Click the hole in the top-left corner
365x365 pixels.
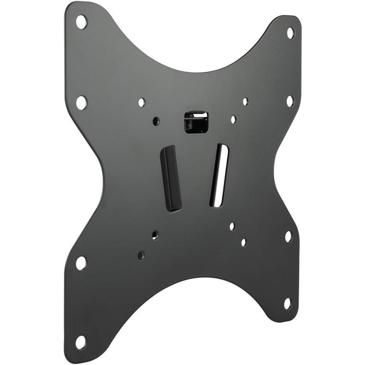[81, 22]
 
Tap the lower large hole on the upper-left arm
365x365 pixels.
[81, 102]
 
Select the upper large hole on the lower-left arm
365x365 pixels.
[81, 263]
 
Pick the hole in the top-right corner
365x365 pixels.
[290, 33]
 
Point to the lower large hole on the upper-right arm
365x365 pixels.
[290, 101]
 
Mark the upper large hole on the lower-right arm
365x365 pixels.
[288, 236]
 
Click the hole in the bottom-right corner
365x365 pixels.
[287, 303]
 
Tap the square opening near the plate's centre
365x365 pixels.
[196, 122]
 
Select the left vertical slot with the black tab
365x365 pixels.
[171, 178]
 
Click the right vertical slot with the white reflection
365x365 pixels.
[219, 175]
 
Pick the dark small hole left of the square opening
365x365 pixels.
[156, 121]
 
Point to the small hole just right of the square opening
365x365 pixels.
[233, 120]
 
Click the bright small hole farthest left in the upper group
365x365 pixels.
[141, 102]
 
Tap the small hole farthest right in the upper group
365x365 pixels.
[245, 101]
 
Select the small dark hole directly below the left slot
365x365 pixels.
[155, 235]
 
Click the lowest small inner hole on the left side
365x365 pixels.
[141, 256]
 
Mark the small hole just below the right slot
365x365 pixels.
[232, 226]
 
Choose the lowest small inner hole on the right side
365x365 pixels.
[244, 242]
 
